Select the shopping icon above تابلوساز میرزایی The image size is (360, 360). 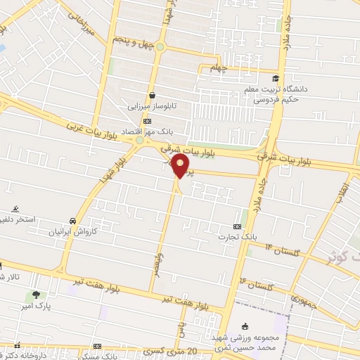tap(152, 96)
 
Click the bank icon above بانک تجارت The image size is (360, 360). tap(237, 226)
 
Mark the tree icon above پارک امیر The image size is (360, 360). tap(34, 294)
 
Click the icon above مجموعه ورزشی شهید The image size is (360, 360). tap(244, 326)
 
